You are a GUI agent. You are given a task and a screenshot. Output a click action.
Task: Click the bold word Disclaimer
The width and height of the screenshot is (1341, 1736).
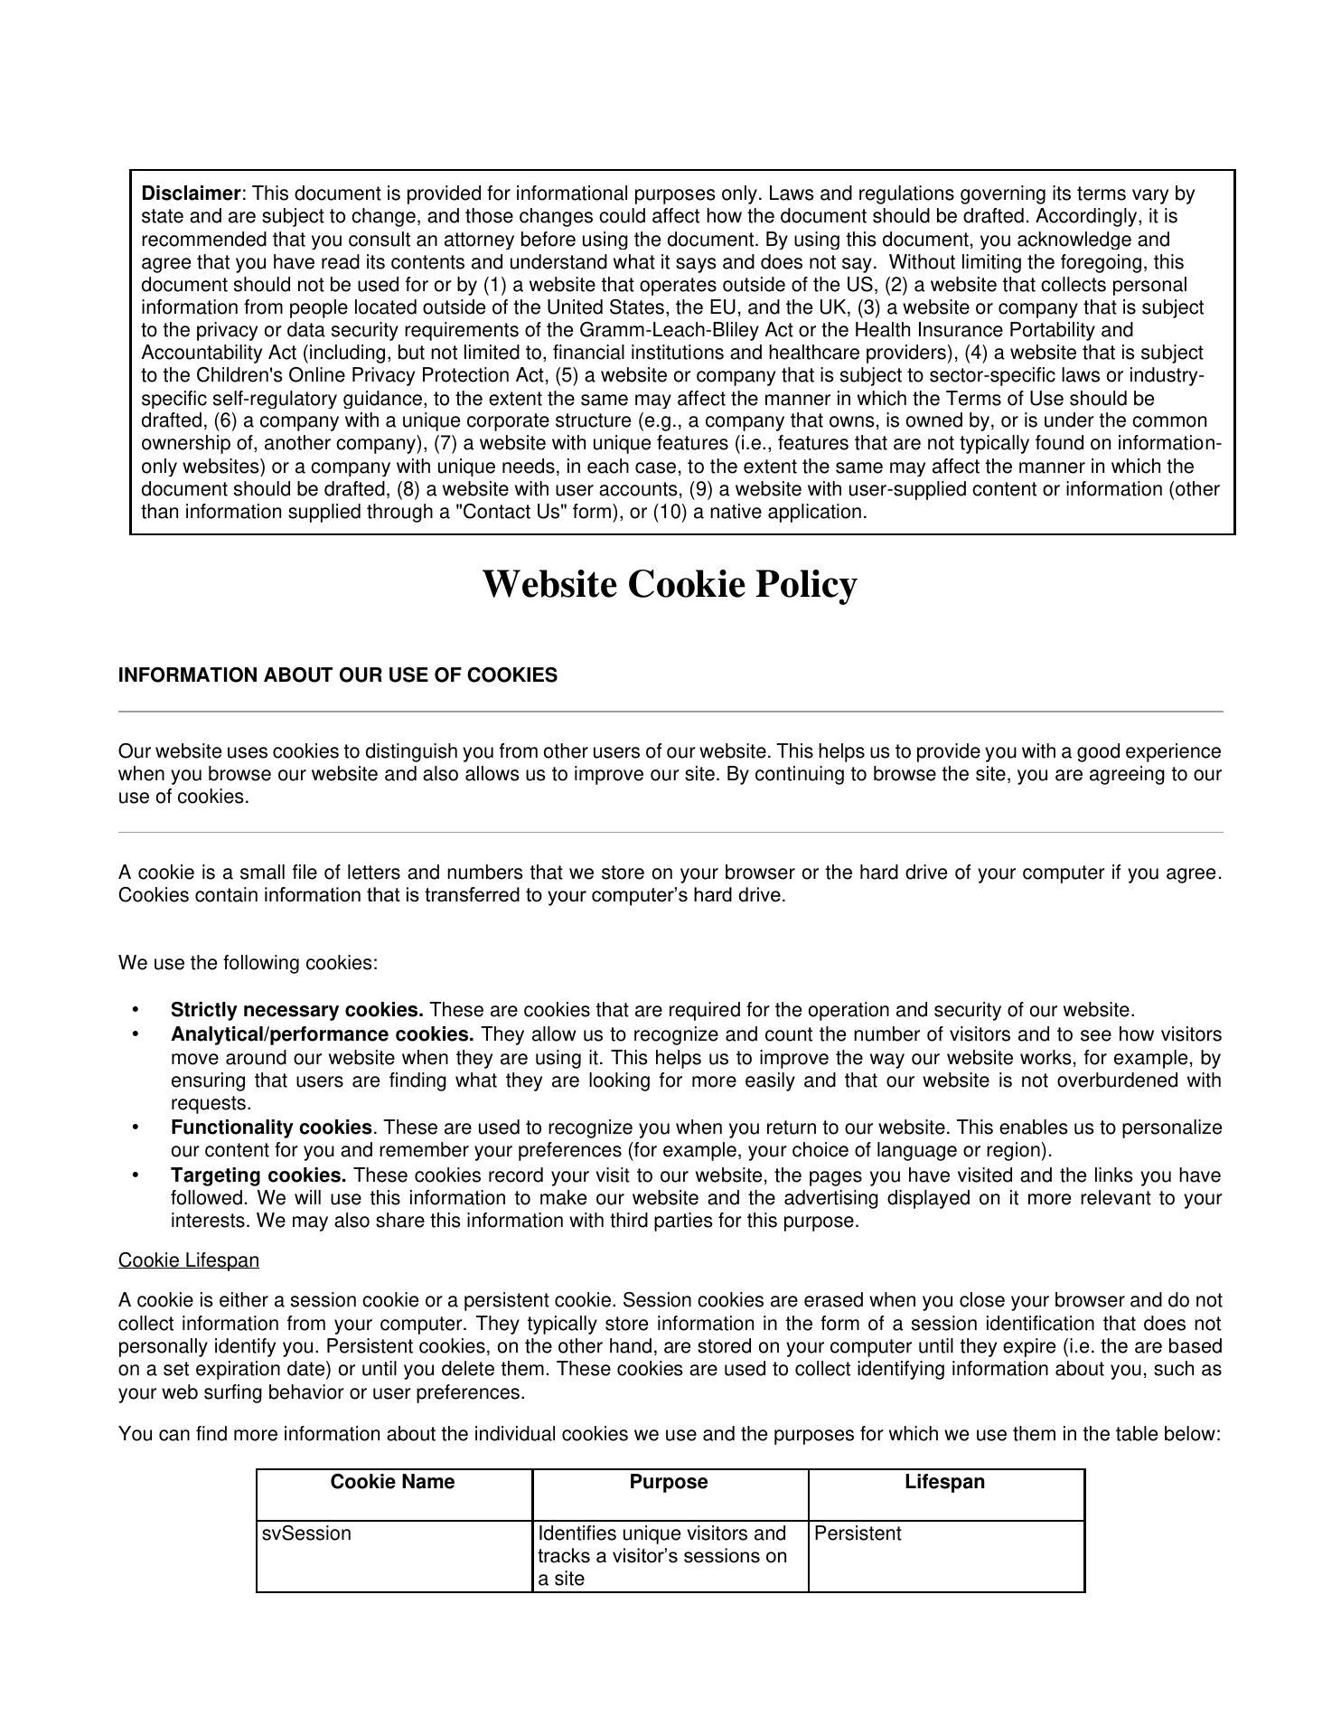click(x=191, y=193)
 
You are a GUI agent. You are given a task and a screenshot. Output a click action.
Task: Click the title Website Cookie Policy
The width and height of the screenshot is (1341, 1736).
click(x=669, y=584)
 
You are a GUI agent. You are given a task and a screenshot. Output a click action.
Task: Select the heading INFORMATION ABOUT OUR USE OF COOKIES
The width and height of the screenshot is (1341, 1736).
click(x=337, y=675)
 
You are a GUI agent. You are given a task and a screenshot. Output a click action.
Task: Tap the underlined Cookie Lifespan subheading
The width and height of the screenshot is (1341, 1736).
click(x=188, y=1260)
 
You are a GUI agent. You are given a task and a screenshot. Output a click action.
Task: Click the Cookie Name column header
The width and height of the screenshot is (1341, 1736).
click(x=392, y=1482)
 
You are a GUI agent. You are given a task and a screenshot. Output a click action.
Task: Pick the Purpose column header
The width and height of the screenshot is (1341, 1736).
click(x=669, y=1482)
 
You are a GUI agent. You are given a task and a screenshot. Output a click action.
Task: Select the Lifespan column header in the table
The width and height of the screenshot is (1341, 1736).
click(x=944, y=1482)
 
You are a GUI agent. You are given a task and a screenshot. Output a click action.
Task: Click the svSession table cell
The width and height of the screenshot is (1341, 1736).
click(x=306, y=1533)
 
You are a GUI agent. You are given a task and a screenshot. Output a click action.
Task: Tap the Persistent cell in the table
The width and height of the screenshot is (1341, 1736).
click(x=858, y=1533)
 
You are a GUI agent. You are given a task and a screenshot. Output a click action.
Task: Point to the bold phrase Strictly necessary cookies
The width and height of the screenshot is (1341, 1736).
click(x=296, y=1010)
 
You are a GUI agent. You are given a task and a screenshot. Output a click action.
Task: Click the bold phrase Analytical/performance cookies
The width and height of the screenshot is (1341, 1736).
click(x=322, y=1034)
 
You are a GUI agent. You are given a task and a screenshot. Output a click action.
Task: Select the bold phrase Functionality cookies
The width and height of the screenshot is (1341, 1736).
click(x=271, y=1127)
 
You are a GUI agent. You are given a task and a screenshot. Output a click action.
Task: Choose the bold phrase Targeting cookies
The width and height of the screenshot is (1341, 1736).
click(x=258, y=1175)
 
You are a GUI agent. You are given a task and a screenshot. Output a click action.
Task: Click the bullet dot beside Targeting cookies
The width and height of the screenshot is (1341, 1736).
click(x=136, y=1175)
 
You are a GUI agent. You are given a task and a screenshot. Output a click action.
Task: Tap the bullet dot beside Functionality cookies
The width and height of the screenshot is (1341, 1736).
click(x=136, y=1127)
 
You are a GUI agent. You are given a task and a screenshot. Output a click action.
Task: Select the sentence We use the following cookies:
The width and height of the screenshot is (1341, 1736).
click(x=248, y=963)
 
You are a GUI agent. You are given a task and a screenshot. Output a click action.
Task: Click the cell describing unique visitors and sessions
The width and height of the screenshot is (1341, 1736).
click(x=662, y=1556)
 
